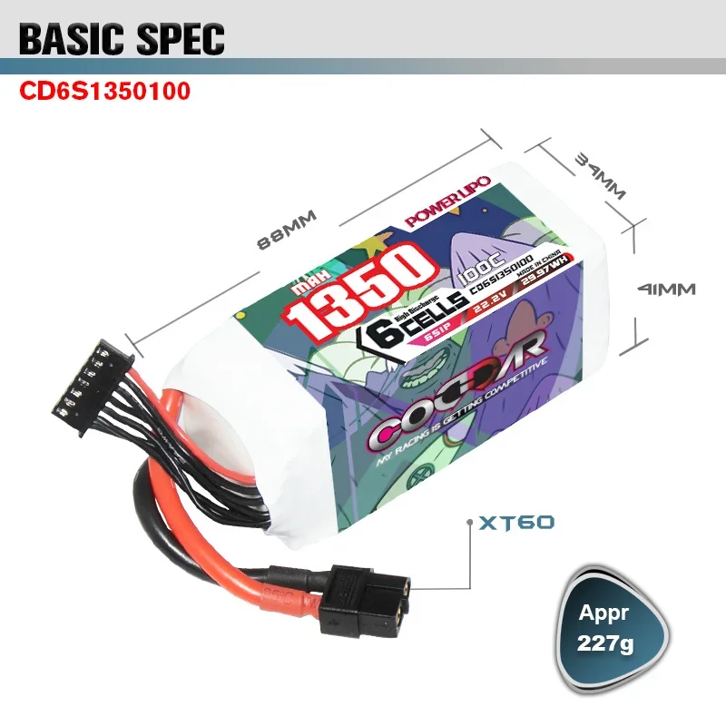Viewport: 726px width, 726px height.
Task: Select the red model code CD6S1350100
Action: click(x=105, y=92)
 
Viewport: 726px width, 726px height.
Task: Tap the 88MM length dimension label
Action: click(x=286, y=232)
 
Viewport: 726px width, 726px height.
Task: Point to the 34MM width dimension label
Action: click(x=600, y=176)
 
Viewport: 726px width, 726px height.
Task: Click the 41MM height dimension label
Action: click(x=666, y=289)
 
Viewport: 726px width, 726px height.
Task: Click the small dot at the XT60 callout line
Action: click(x=468, y=524)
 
